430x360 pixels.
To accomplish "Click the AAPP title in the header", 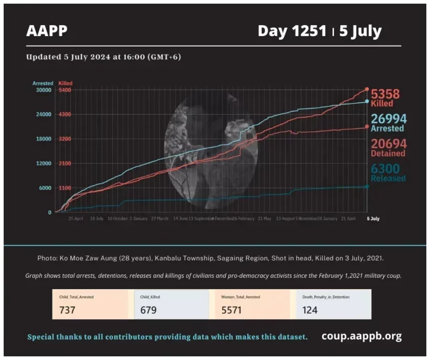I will click(47, 31).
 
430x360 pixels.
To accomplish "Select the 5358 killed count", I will click(385, 94).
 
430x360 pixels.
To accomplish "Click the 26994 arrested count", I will click(389, 119).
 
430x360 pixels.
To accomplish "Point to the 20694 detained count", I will click(389, 144).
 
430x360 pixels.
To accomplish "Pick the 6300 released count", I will click(385, 169).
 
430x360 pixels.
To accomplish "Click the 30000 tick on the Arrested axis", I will click(42, 90).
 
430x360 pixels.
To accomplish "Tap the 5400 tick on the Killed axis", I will click(64, 90).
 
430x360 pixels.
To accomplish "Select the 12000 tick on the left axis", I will click(42, 163).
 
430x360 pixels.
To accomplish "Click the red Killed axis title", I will click(66, 83).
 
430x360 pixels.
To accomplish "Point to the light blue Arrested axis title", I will click(42, 83).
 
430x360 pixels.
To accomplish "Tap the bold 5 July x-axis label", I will click(372, 219).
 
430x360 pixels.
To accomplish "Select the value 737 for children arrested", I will click(67, 310).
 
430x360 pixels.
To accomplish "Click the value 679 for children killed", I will click(149, 310).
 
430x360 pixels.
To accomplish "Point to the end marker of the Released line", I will click(367, 187).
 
